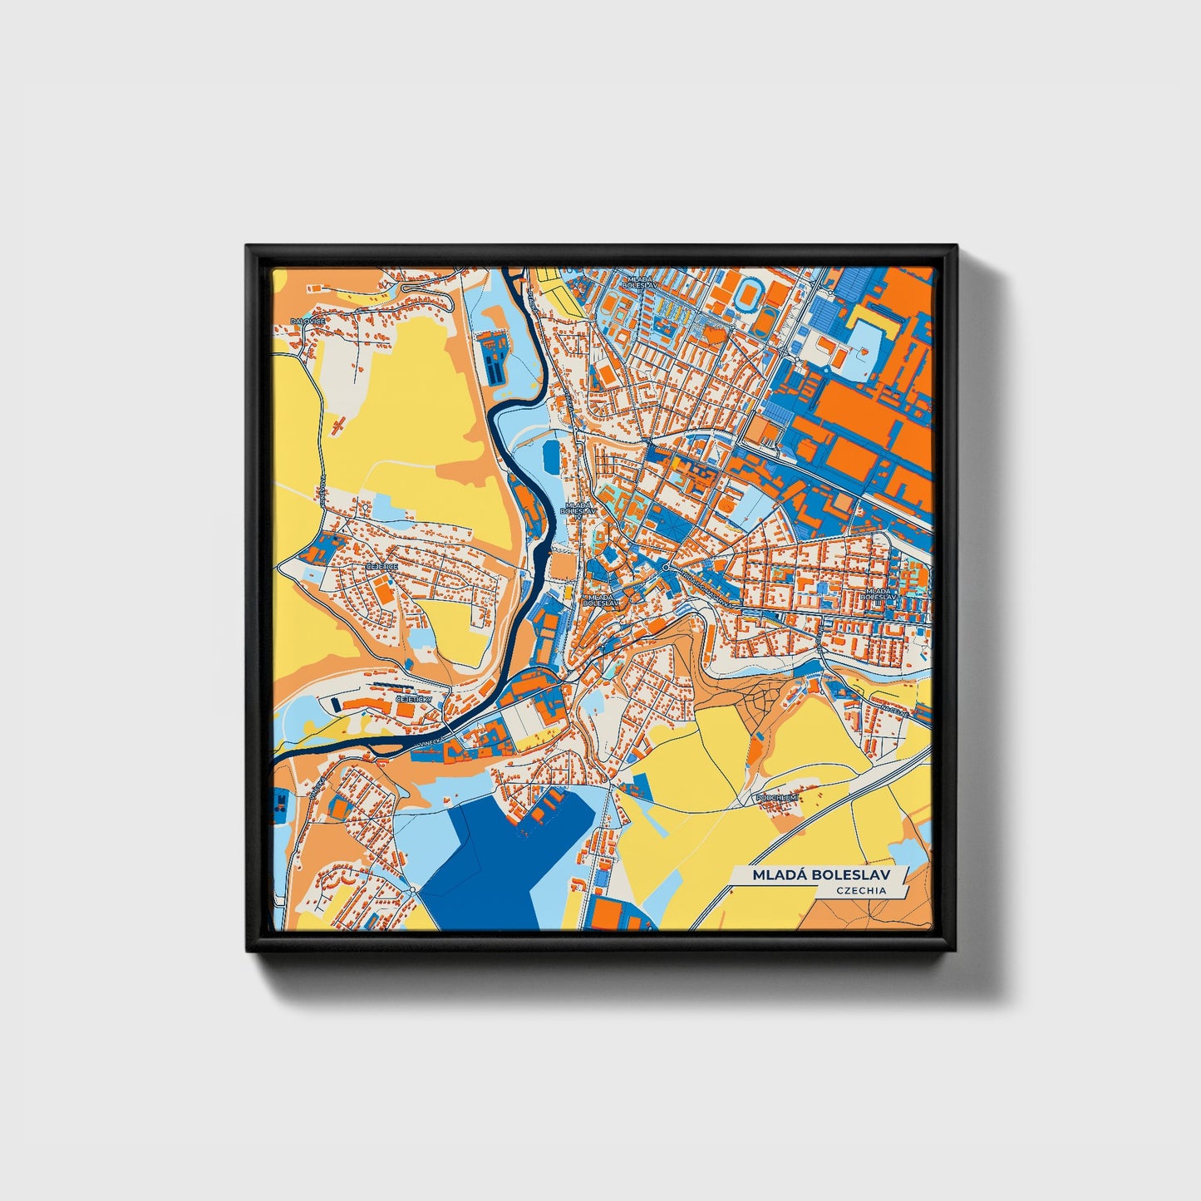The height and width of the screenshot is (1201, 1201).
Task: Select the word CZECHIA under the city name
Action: point(861,890)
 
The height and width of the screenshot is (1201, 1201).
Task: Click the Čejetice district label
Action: point(381,566)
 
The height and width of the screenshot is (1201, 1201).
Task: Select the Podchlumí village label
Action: point(776,797)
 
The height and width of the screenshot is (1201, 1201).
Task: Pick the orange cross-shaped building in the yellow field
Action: point(338,427)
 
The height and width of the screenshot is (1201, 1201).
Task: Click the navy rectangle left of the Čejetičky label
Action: point(336,705)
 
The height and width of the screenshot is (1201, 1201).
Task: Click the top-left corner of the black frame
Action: point(249,248)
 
